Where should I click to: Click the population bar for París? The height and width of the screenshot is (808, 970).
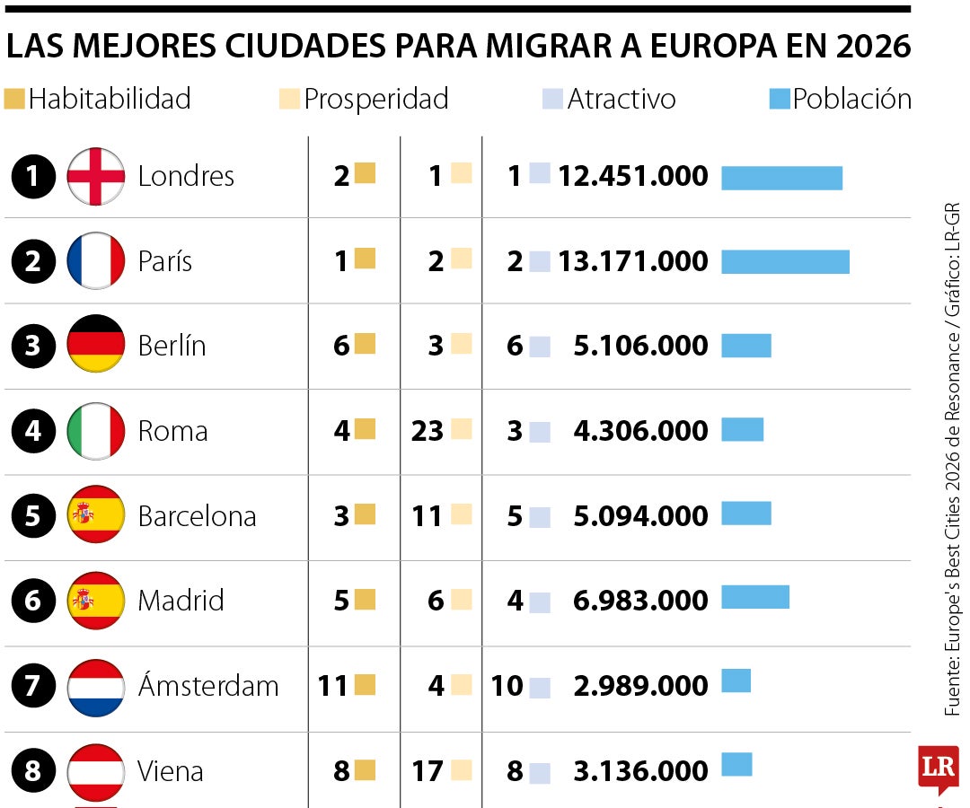785,261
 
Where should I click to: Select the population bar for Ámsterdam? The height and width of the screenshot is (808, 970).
736,681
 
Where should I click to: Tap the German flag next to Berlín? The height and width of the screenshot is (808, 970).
96,345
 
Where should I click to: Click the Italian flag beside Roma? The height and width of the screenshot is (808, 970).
96,431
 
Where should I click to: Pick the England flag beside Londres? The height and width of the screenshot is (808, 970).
96,176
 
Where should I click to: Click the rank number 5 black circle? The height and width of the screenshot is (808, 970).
33,516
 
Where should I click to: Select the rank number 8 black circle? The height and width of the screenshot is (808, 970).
33,771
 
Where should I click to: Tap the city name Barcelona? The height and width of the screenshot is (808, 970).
197,516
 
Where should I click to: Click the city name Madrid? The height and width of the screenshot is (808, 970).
181,601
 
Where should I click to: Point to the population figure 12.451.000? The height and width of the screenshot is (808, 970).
633,177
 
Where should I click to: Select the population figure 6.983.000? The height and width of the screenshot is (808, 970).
640,601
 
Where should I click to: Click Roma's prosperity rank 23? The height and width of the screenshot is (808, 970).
428,431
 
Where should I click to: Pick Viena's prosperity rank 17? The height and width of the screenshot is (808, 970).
428,771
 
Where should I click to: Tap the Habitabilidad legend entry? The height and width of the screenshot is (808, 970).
99,99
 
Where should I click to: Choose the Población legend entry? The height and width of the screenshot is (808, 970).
841,99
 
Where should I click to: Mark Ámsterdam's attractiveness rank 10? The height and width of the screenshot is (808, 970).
507,687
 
